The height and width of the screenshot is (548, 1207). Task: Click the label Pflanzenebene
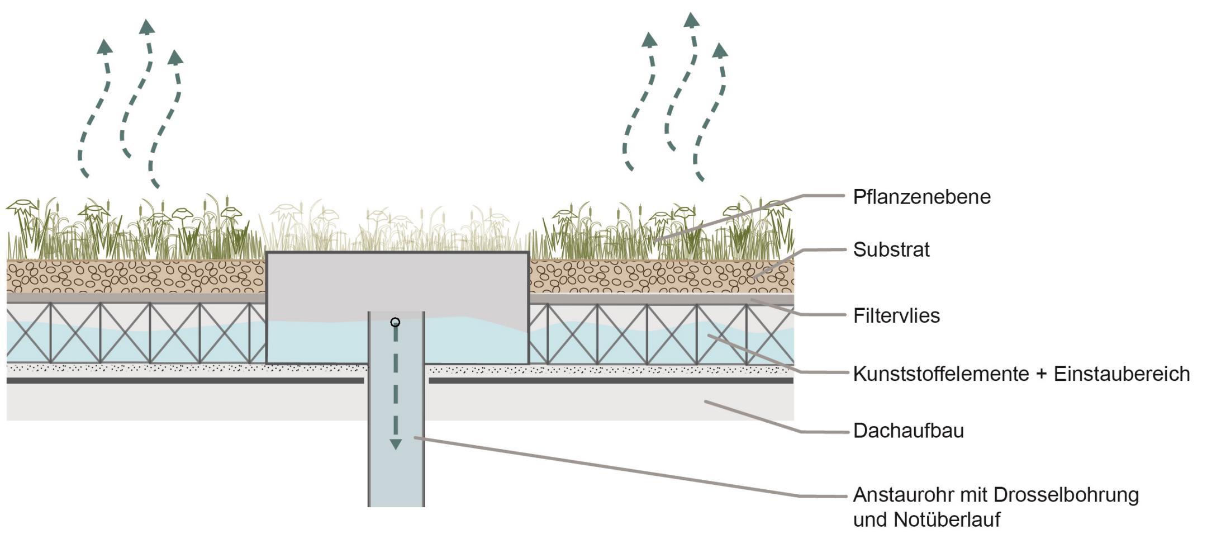click(x=921, y=197)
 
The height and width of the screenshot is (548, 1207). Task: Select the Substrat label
click(x=891, y=249)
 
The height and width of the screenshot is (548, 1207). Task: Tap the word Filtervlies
click(x=896, y=316)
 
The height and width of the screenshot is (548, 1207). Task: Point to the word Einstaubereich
click(x=1122, y=374)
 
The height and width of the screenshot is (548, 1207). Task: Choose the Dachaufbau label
click(x=908, y=431)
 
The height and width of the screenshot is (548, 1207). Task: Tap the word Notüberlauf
click(x=947, y=519)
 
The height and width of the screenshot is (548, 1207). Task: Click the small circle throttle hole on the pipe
click(x=395, y=323)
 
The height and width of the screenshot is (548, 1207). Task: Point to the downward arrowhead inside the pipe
click(x=396, y=445)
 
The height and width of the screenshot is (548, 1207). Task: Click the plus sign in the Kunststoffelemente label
click(x=1041, y=374)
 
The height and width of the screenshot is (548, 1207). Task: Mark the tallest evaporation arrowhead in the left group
click(x=147, y=26)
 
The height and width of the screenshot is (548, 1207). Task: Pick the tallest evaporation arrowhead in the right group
click(x=691, y=20)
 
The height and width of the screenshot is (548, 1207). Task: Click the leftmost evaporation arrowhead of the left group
click(x=104, y=46)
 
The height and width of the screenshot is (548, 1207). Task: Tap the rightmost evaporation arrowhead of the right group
click(x=720, y=50)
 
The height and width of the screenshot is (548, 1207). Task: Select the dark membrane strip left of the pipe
click(x=184, y=381)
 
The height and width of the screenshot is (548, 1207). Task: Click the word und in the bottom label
click(x=870, y=519)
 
